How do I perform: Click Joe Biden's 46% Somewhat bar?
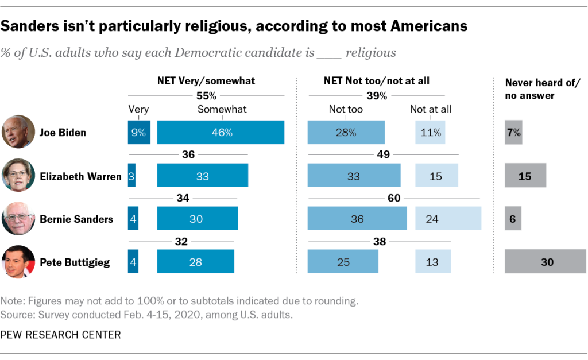220,132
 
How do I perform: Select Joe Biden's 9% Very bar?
139,132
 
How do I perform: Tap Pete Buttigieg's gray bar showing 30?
545,262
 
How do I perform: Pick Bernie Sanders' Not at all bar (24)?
448,219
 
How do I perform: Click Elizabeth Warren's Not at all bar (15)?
436,176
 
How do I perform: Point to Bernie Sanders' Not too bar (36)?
357,219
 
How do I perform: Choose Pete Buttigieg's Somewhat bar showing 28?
195,262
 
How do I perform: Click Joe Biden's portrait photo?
18,131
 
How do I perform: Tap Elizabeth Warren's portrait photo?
18,175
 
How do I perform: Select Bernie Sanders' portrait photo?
18,218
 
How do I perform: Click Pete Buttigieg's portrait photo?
18,262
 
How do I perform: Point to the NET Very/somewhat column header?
206,81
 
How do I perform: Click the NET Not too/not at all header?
377,81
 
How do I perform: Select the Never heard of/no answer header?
543,89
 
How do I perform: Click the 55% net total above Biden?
206,95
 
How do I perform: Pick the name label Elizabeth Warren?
80,176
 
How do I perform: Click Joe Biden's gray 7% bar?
513,132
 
